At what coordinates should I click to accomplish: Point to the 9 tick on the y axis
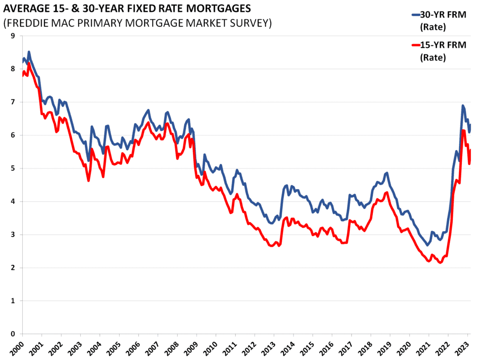(12, 36)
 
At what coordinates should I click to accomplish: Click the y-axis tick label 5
(12, 168)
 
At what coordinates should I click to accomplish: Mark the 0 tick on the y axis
(12, 334)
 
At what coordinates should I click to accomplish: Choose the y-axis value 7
(12, 102)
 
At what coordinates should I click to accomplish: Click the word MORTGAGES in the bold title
(216, 9)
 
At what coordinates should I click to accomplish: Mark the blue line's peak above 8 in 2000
(29, 52)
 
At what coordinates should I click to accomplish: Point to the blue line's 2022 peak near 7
(463, 105)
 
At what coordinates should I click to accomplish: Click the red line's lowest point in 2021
(441, 263)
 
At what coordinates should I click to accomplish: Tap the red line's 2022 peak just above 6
(463, 131)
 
